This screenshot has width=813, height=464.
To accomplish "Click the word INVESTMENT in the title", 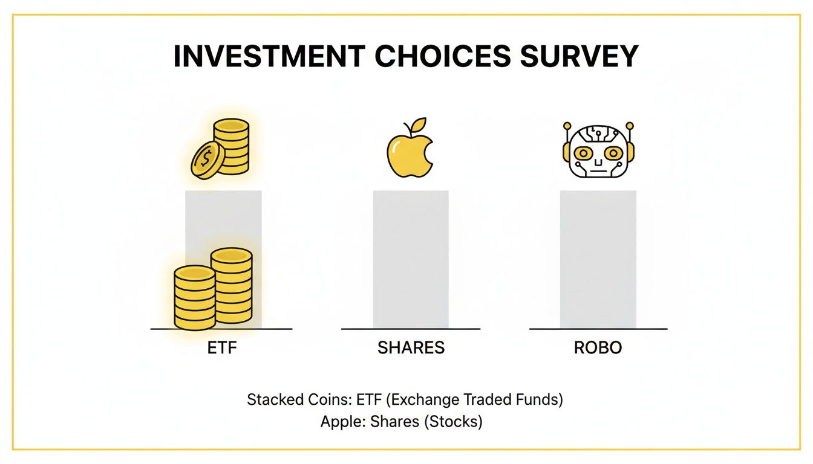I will click(269, 56).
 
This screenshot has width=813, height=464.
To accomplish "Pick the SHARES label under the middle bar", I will click(411, 348).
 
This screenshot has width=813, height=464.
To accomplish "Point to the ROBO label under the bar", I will click(598, 348).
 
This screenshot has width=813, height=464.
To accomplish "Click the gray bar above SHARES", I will click(411, 260).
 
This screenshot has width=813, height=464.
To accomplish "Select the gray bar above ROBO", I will click(598, 260).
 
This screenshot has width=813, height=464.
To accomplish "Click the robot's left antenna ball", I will click(567, 126).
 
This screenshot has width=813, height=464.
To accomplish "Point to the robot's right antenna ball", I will click(629, 126).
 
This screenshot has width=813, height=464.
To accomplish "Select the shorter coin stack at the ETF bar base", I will click(194, 298).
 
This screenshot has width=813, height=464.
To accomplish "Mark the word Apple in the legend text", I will click(336, 422).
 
